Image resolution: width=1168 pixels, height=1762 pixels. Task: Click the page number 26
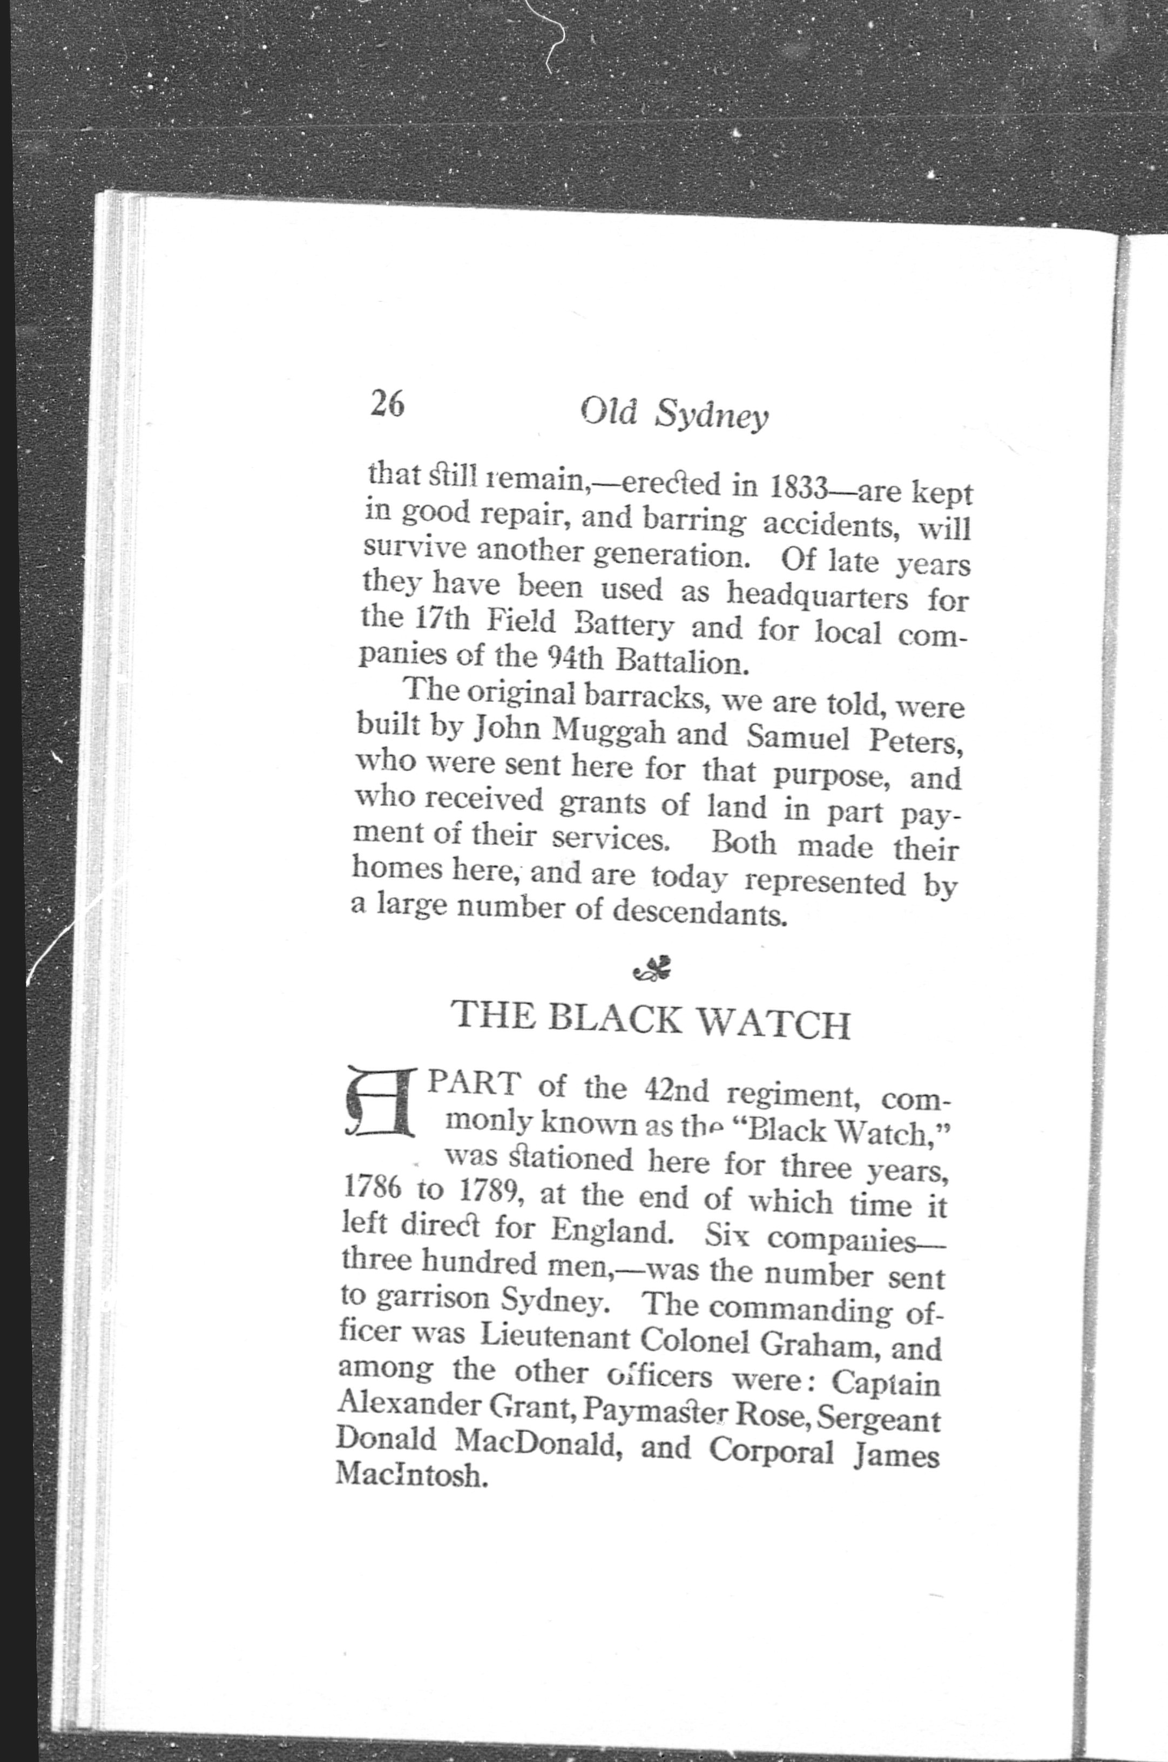coord(387,404)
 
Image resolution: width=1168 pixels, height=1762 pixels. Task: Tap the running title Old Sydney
coord(673,414)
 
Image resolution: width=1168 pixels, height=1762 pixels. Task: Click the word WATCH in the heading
coord(775,1023)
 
